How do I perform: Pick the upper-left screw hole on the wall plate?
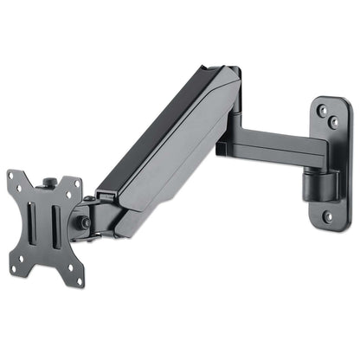pos(322,111)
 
